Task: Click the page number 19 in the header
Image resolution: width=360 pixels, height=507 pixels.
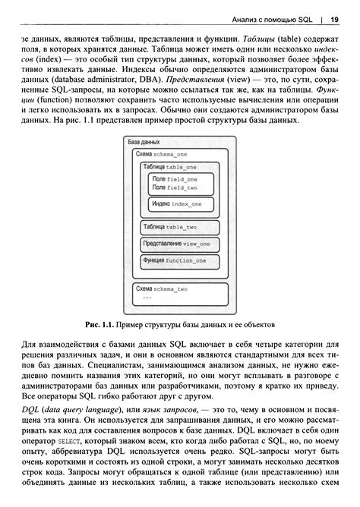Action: click(x=334, y=19)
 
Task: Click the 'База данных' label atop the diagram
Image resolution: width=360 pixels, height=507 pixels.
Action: click(x=144, y=143)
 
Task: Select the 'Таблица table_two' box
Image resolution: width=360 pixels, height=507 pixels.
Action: click(x=170, y=227)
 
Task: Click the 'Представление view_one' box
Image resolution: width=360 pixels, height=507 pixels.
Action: click(x=176, y=244)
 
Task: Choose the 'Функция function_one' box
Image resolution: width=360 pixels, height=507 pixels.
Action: click(x=175, y=260)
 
